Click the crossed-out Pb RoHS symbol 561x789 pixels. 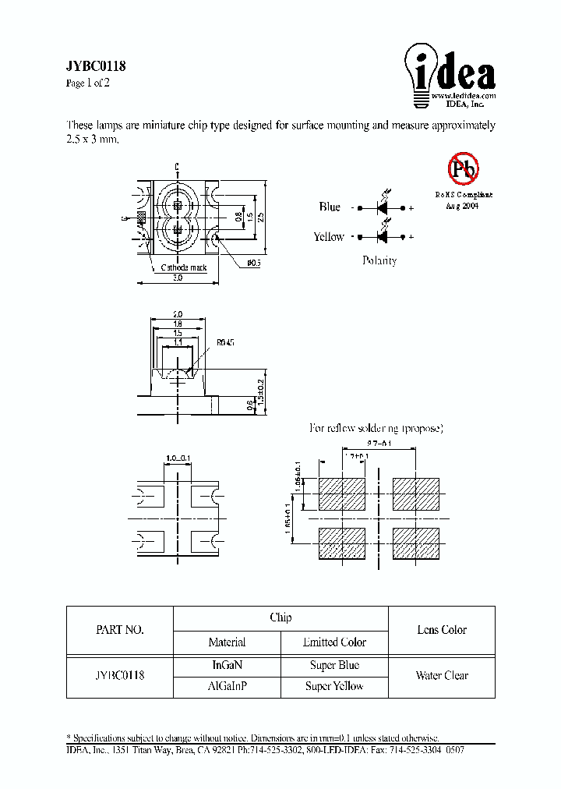462,168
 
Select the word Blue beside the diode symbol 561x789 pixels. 330,207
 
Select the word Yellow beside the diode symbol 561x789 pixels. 329,237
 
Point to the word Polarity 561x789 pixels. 379,260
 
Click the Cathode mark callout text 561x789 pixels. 184,267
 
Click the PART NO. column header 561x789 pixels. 119,630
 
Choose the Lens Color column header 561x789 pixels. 442,630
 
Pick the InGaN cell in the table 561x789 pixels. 227,666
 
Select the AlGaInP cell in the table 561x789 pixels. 227,686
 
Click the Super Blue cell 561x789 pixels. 334,666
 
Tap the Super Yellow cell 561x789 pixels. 334,686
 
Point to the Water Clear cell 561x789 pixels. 442,676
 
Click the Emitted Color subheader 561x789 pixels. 334,642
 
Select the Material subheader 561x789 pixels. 227,642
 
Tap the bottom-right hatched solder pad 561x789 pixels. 415,543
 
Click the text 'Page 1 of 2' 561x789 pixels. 88,83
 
